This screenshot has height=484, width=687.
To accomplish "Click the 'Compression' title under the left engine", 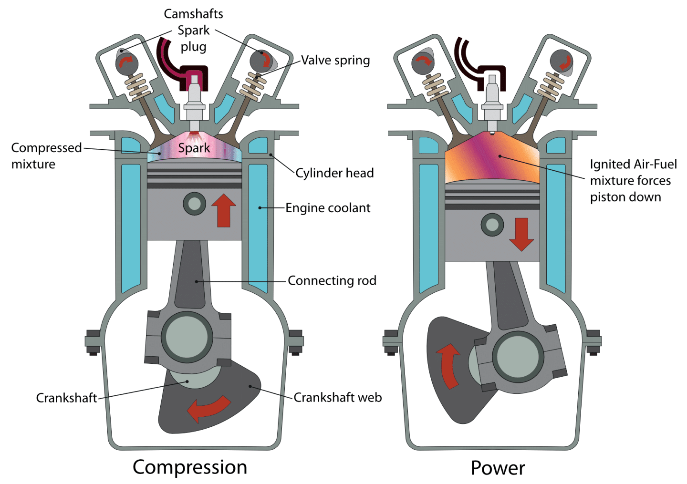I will [x=190, y=467].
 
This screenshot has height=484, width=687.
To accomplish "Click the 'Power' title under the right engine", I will [x=498, y=468].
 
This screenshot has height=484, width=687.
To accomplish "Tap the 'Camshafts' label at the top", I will [x=193, y=14].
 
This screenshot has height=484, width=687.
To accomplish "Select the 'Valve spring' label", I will [x=335, y=61].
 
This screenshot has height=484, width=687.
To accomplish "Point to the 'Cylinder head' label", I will [x=334, y=173].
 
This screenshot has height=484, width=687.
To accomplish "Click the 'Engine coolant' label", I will [x=328, y=208].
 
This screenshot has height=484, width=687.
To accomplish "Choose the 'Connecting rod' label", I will [x=332, y=280].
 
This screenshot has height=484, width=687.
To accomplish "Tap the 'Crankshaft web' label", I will [x=337, y=397].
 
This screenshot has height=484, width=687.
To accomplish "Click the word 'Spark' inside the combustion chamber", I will [x=194, y=148].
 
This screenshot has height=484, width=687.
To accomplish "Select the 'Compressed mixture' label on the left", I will [x=46, y=155].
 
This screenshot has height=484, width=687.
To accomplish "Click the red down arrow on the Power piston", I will [x=521, y=234].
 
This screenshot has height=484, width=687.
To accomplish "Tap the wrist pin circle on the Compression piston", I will [x=195, y=204].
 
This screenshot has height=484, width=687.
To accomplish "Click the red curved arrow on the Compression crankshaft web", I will [x=208, y=409].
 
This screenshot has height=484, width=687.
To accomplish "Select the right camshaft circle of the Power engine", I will [x=561, y=62].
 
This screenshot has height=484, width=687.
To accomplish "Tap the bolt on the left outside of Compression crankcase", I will [x=93, y=342].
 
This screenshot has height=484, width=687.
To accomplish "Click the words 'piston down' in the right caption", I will [x=625, y=197].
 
